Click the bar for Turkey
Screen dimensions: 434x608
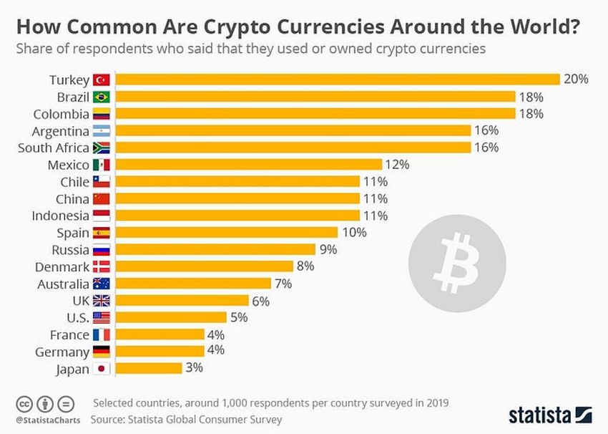pos(337,79)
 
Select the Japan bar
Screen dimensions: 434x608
pos(149,368)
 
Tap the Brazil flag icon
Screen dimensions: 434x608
pos(102,97)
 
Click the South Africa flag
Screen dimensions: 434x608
pos(102,148)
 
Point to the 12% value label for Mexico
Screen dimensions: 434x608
pos(397,165)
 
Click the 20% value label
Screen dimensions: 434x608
pos(576,79)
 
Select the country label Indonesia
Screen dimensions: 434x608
pos(61,216)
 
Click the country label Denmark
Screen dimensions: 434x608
pos(62,267)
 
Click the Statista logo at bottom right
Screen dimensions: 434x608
pos(550,415)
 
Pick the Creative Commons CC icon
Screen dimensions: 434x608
pos(25,402)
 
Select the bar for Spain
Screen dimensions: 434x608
pos(226,233)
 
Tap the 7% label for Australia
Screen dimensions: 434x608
pos(283,284)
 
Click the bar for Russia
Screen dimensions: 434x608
pos(215,250)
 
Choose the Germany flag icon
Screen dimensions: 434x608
pos(102,352)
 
